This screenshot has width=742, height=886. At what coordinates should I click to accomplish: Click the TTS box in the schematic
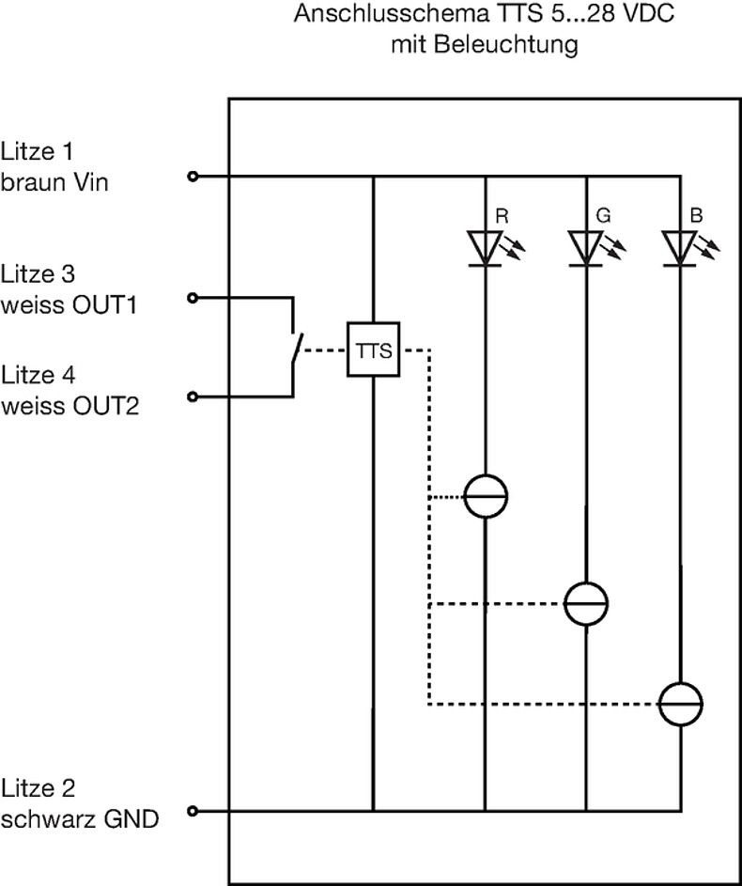pos(373,351)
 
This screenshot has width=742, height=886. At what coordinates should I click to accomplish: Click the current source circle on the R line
pos(486,494)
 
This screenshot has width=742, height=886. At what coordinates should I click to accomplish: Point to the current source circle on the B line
pos(680,704)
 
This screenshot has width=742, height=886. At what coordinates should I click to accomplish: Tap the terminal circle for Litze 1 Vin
pos(193,176)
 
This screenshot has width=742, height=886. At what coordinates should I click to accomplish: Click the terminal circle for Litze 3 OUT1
pos(193,298)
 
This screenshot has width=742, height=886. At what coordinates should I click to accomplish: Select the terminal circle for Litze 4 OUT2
pos(193,397)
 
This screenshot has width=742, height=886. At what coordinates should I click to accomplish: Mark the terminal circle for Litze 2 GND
pos(193,811)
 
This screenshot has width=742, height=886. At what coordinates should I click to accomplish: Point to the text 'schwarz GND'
pos(80,818)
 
